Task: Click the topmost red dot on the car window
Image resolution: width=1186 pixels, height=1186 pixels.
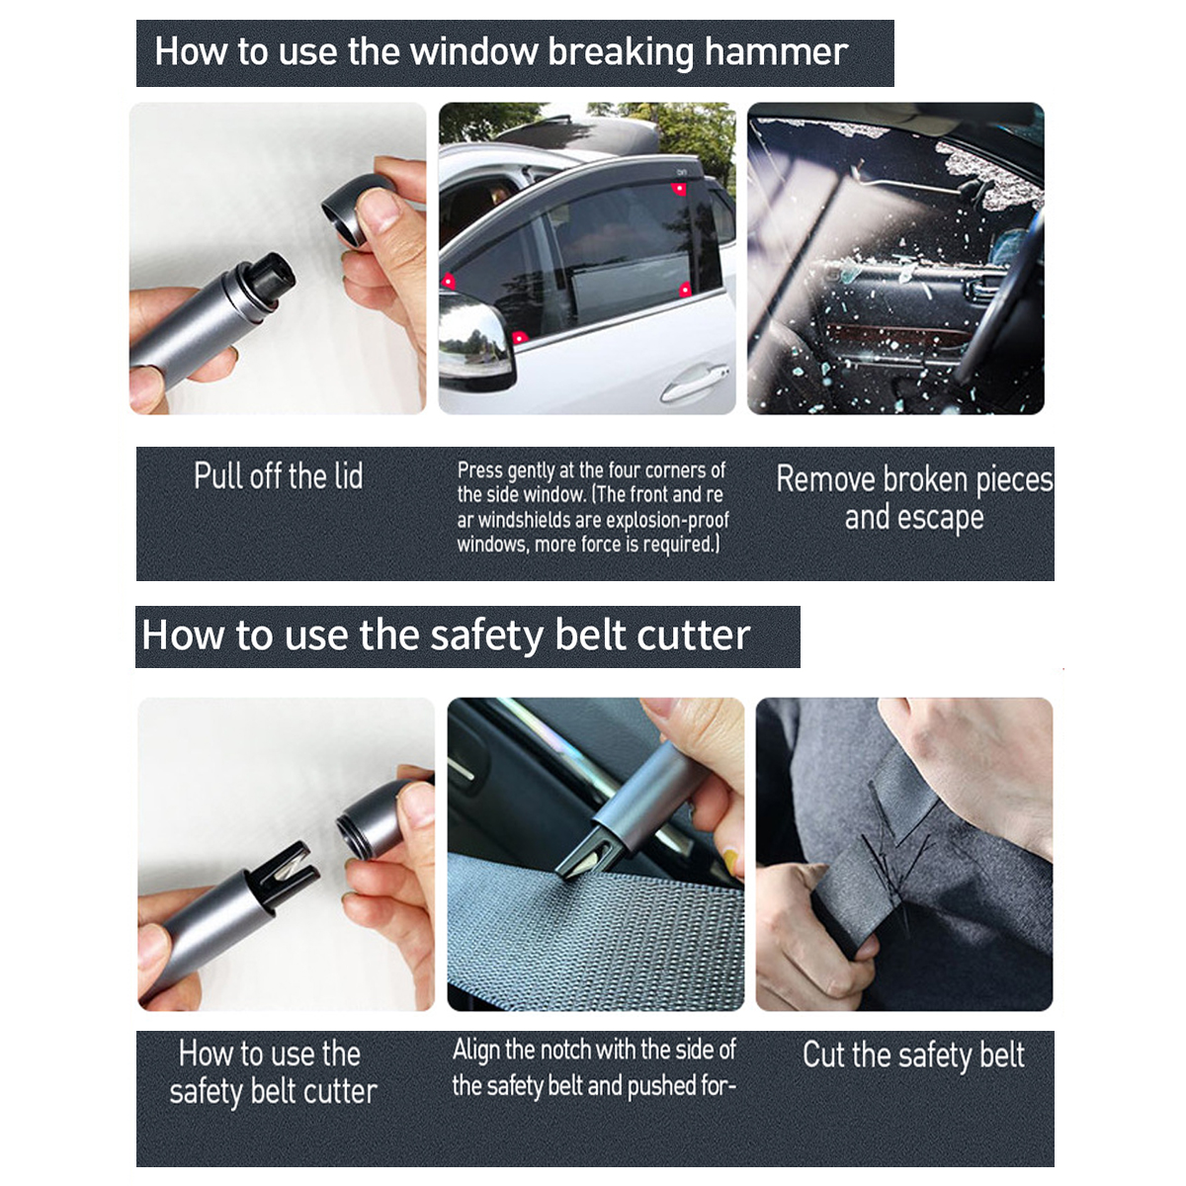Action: [679, 188]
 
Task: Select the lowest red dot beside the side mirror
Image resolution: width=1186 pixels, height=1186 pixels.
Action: [519, 338]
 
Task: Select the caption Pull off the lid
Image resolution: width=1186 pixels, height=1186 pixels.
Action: [278, 476]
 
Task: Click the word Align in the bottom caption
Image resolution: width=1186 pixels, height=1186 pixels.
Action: [476, 1050]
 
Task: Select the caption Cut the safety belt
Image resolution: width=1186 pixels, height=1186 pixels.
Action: [912, 1056]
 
